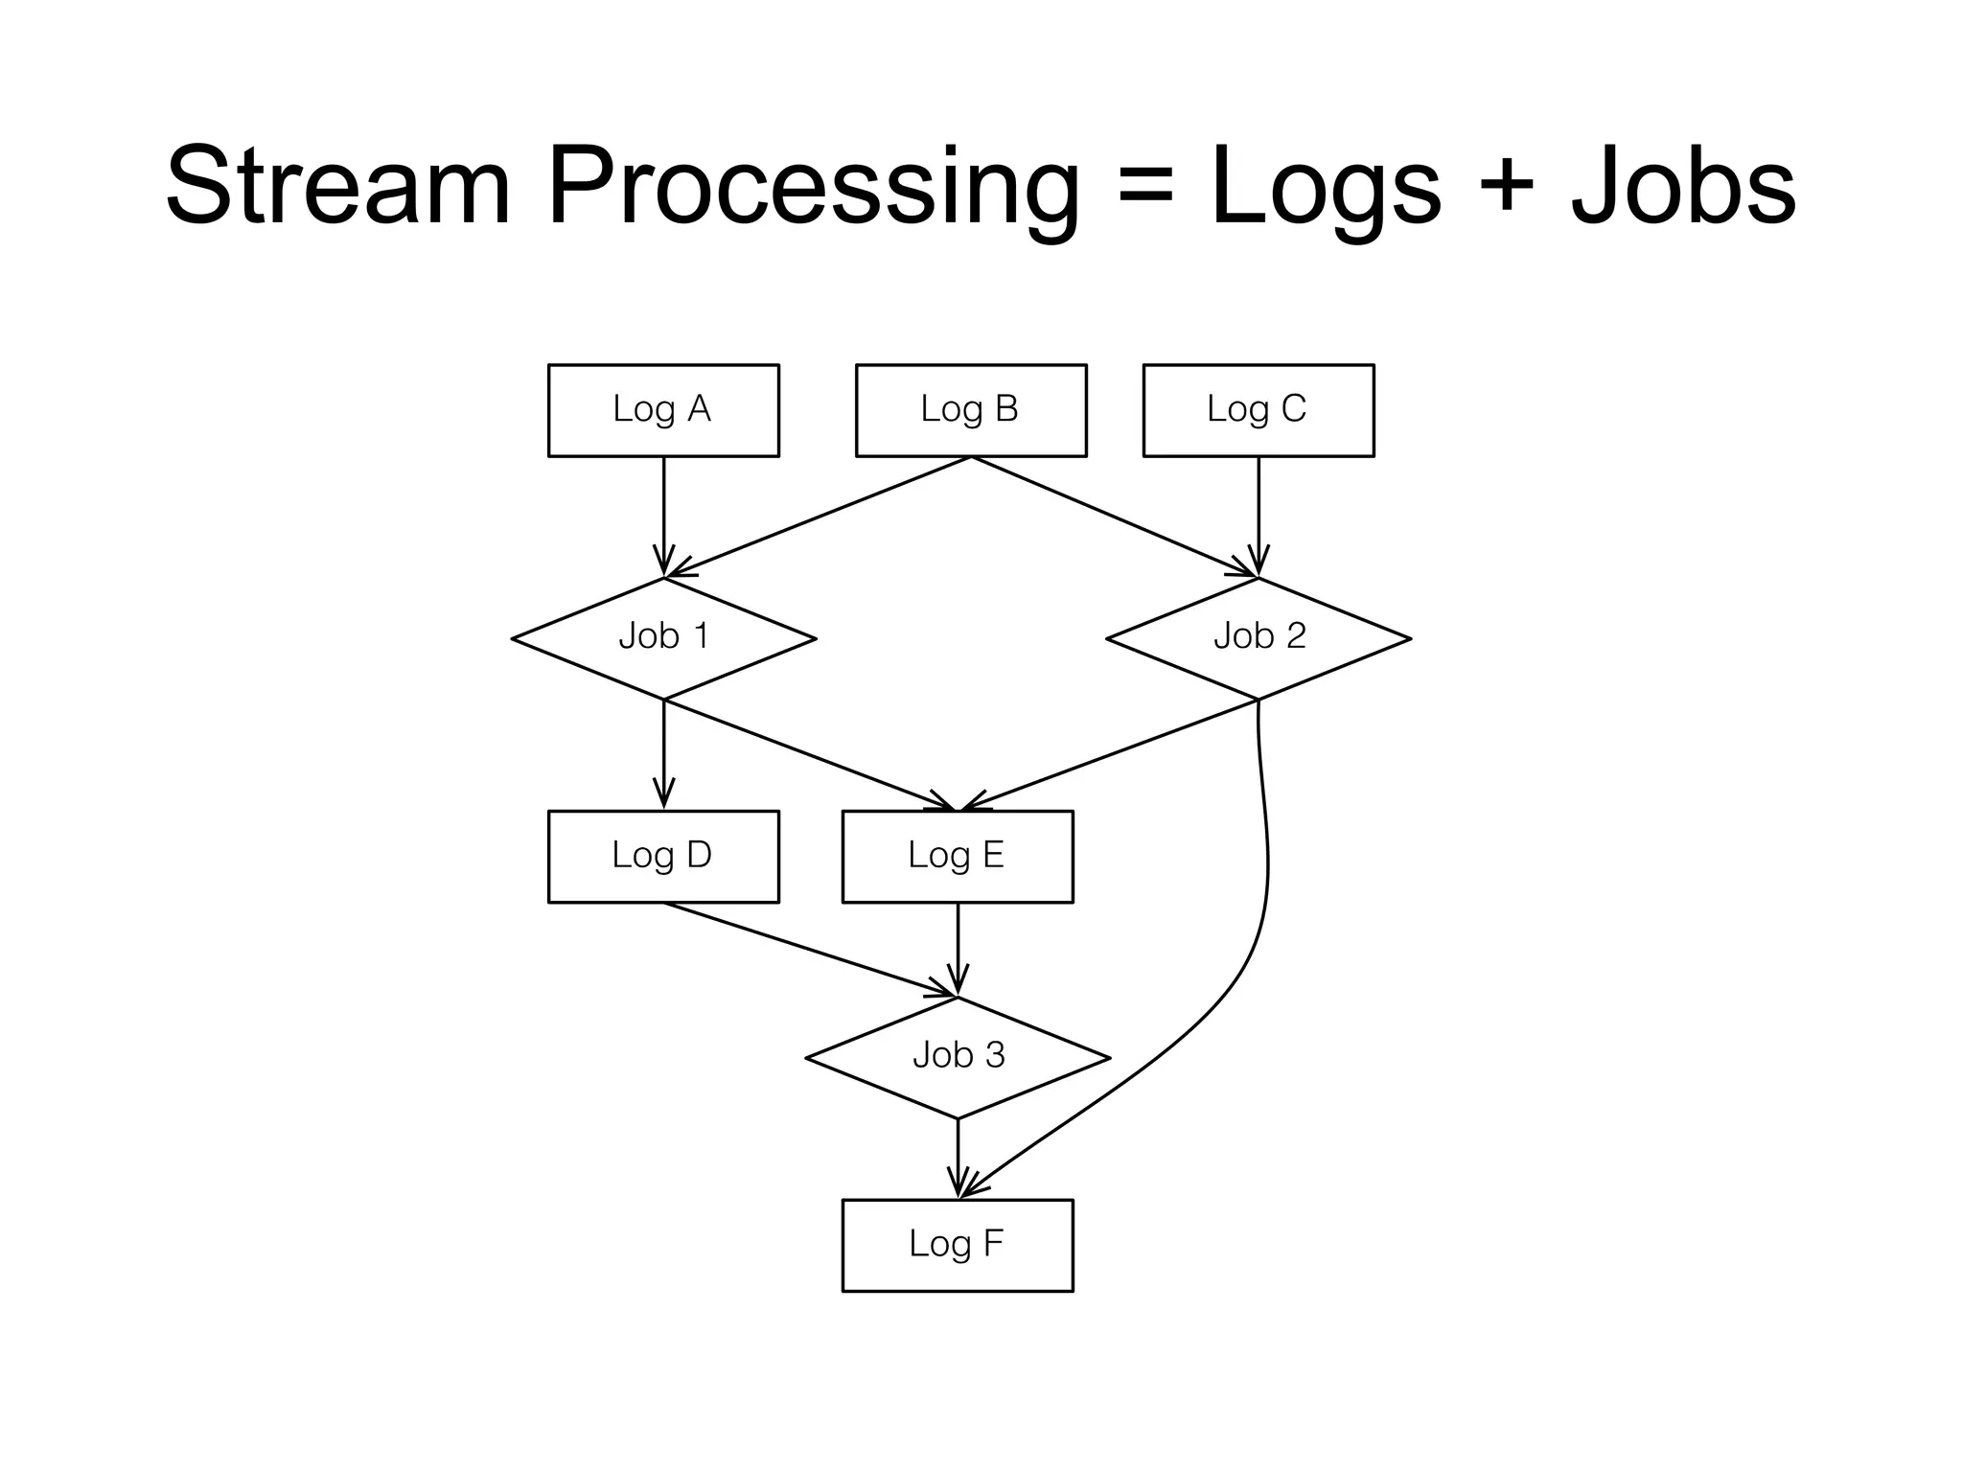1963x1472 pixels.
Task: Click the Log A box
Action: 663,410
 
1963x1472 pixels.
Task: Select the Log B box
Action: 970,410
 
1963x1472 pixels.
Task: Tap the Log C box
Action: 1258,410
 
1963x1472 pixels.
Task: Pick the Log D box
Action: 663,856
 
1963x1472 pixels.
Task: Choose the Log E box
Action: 957,856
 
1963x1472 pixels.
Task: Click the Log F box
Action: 957,1245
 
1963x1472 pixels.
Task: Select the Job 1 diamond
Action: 663,638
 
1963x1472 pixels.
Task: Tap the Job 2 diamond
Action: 1259,638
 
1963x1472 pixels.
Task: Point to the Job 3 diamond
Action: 958,1057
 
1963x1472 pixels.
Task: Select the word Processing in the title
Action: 813,188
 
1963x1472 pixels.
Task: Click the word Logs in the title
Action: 1325,188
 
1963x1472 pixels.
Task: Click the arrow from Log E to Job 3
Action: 958,949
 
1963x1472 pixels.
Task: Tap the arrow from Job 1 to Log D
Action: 663,753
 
